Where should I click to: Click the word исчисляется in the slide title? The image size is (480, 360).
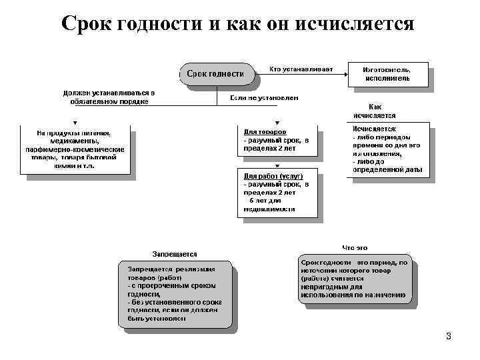pyautogui.click(x=361, y=24)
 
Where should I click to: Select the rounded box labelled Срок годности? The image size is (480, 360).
pyautogui.click(x=215, y=73)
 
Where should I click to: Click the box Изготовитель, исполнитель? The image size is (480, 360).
pyautogui.click(x=387, y=73)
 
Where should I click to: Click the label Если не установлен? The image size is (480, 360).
pyautogui.click(x=264, y=98)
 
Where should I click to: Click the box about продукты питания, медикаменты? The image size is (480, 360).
pyautogui.click(x=75, y=151)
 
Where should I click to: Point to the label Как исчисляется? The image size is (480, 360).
pyautogui.click(x=375, y=111)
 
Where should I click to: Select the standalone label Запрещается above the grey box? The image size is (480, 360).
pyautogui.click(x=175, y=254)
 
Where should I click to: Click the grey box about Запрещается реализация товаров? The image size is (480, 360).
pyautogui.click(x=175, y=293)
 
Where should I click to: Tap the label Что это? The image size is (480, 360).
pyautogui.click(x=355, y=248)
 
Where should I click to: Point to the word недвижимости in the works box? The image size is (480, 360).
pyautogui.click(x=269, y=209)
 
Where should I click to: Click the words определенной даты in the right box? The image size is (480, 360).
pyautogui.click(x=387, y=170)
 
